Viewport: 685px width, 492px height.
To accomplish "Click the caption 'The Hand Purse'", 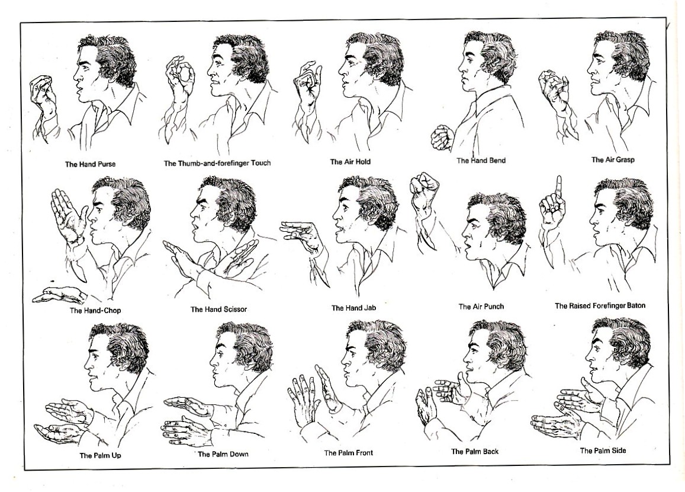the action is (91, 164).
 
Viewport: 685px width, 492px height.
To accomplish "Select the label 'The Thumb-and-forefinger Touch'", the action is (217, 163).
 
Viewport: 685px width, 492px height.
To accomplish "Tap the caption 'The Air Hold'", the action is (350, 162).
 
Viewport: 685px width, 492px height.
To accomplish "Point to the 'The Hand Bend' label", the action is (481, 161).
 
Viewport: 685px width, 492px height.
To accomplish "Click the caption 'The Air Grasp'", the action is (613, 159).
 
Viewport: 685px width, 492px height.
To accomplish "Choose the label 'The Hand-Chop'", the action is (95, 311).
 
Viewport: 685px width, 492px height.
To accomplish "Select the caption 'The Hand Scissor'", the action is (219, 309).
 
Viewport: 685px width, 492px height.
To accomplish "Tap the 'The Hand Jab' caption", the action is (354, 308).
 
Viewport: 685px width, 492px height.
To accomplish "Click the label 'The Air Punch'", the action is (481, 306).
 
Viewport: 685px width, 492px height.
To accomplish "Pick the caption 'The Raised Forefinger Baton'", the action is (600, 306).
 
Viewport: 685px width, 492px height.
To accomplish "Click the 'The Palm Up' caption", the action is (101, 455).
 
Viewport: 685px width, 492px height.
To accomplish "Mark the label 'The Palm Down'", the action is (223, 454).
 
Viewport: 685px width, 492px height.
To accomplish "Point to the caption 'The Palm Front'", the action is (349, 453).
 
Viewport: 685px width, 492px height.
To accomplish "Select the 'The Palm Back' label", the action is (475, 451).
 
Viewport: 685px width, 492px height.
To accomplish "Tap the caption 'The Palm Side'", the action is (603, 451).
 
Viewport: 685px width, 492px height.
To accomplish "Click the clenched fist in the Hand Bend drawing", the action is (442, 138).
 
